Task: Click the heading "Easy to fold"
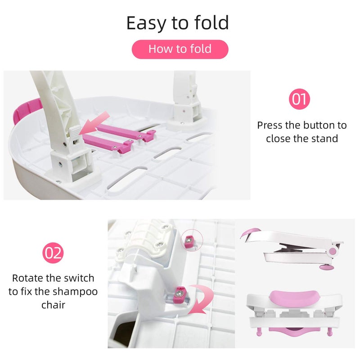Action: [x=177, y=22]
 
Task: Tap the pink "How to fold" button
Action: [x=180, y=49]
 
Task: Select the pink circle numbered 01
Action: [x=299, y=99]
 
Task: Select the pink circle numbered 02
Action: [x=54, y=253]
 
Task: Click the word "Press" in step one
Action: [x=270, y=125]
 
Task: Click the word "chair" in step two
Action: [x=53, y=305]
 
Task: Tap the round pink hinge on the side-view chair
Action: [x=333, y=251]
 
